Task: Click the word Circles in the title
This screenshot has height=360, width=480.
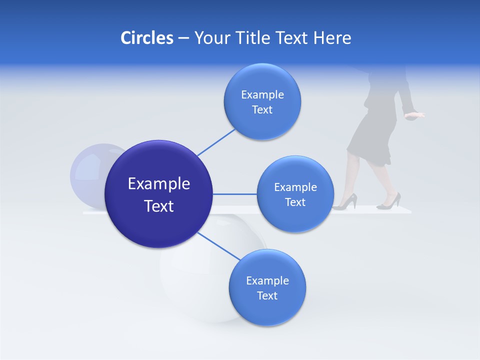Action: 146,38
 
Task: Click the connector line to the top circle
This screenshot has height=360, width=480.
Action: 216,142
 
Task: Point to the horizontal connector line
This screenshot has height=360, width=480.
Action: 235,194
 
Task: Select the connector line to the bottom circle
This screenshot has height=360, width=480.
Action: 218,246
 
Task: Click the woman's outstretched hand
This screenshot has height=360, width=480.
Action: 415,115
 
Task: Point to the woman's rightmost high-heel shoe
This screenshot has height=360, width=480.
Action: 389,201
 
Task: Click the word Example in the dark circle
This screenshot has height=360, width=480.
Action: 158,184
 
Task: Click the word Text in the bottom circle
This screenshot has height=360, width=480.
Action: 267,296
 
